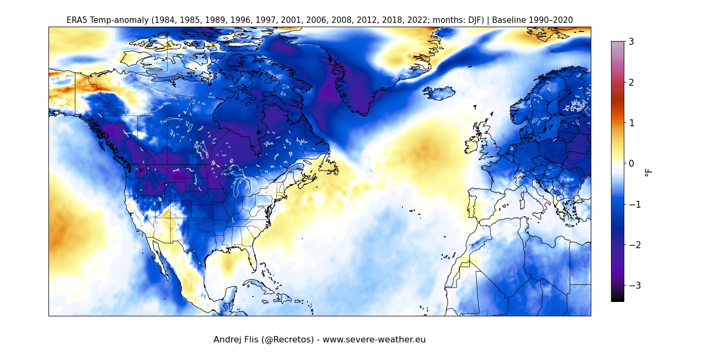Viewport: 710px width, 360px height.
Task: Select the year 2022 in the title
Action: point(396,20)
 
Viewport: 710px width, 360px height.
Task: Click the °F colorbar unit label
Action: point(648,172)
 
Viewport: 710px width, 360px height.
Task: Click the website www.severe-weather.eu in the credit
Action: point(374,340)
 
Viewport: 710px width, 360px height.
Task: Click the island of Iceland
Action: point(440,93)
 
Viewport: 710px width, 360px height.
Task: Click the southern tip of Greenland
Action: point(364,113)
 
